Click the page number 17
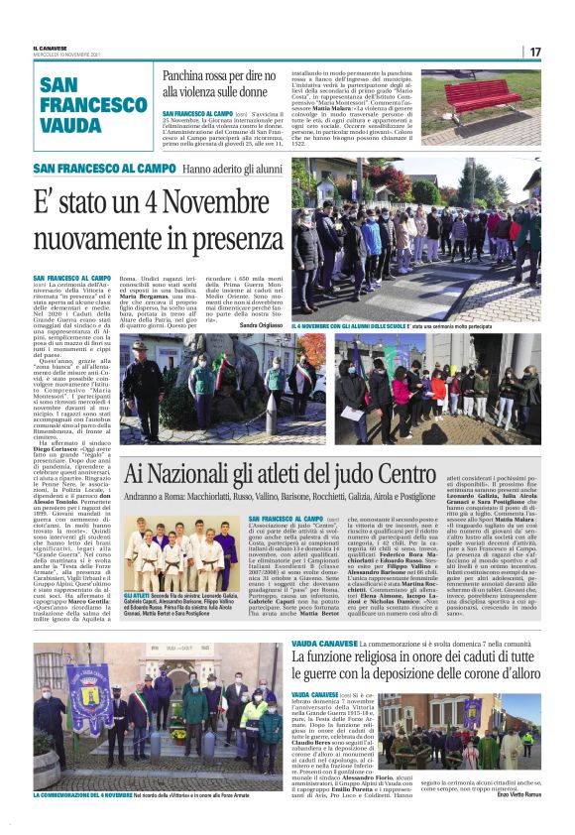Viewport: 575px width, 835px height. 535,52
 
